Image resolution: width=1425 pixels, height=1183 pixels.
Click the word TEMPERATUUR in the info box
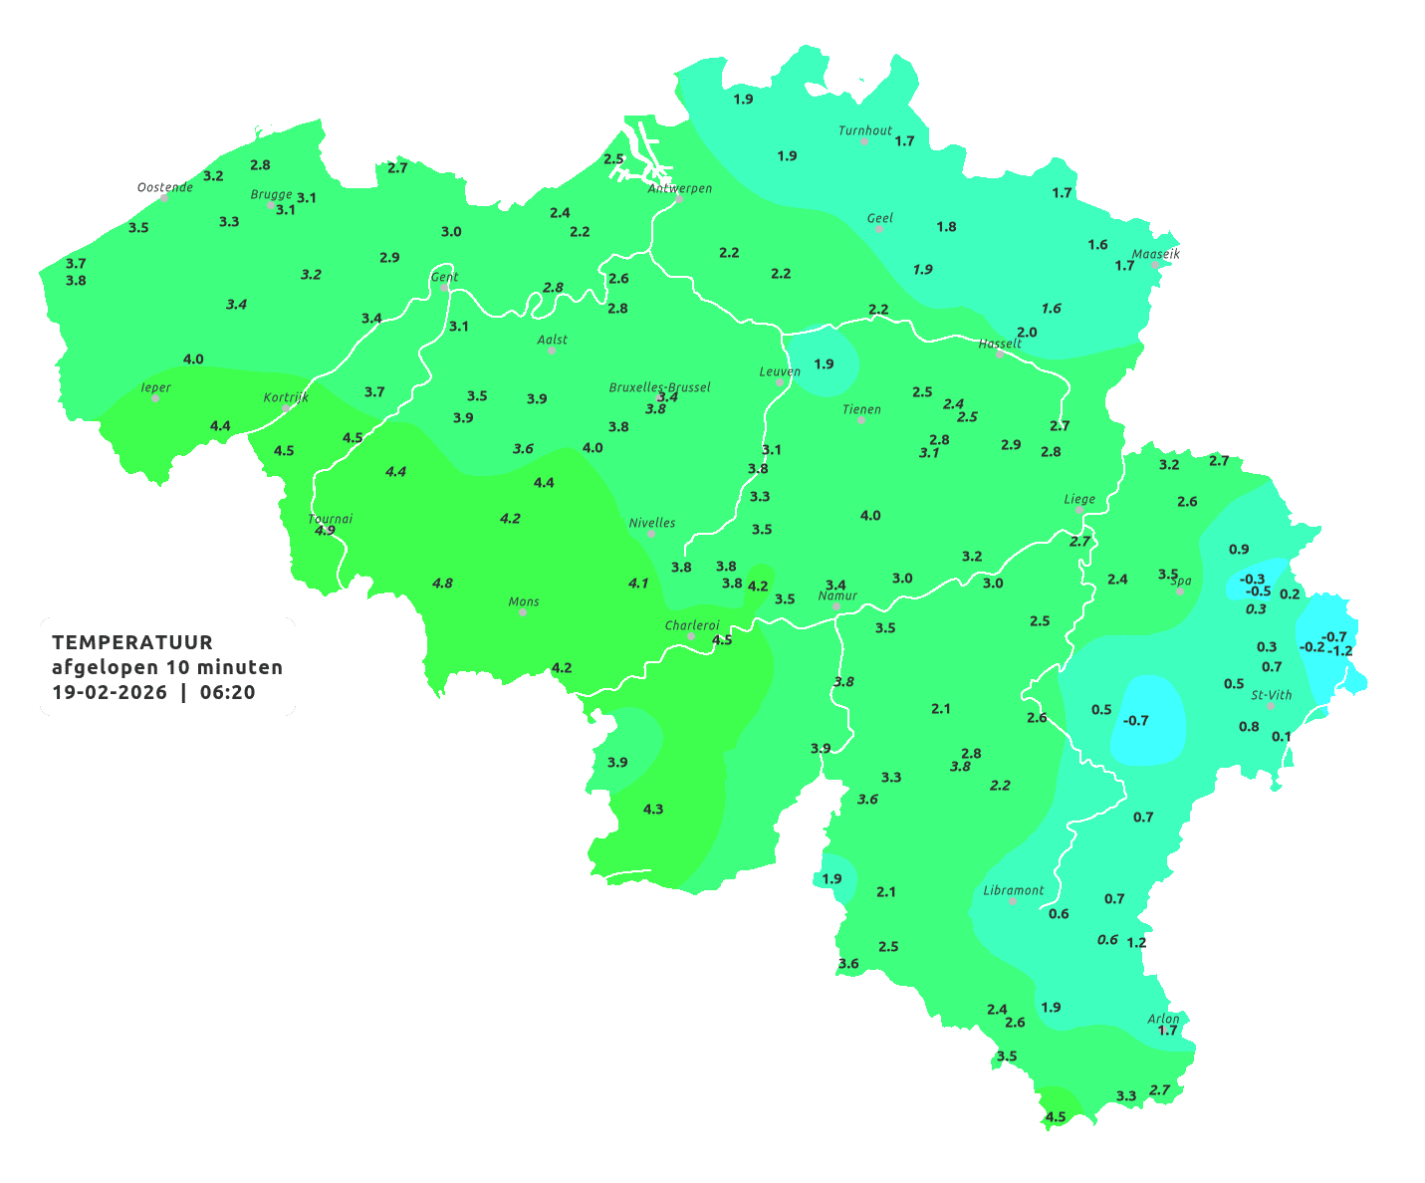click(132, 642)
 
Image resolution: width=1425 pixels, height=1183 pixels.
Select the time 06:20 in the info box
click(227, 692)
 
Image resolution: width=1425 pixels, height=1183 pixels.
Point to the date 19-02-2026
click(110, 692)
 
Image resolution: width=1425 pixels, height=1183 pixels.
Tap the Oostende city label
click(164, 187)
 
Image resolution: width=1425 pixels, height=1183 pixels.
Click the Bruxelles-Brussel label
click(659, 386)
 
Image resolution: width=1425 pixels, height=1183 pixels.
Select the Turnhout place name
click(864, 130)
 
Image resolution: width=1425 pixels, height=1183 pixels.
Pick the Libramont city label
click(1013, 890)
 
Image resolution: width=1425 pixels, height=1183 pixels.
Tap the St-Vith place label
click(1271, 695)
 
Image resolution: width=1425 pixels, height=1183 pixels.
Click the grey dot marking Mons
click(523, 612)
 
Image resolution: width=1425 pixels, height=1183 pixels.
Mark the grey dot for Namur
click(836, 606)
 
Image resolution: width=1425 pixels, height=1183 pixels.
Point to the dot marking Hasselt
click(1000, 355)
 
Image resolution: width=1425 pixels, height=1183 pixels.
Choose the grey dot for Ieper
click(155, 398)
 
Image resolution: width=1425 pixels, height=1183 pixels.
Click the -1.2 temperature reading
click(1340, 651)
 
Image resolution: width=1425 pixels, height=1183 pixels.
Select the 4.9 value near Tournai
click(325, 531)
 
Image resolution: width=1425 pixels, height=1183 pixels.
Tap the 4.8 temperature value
click(442, 583)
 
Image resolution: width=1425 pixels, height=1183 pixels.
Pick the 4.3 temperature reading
click(653, 809)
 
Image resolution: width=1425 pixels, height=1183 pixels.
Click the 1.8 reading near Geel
click(946, 227)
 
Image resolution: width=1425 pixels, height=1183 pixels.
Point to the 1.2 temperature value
click(1136, 942)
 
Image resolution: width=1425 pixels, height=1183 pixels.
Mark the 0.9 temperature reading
click(1238, 549)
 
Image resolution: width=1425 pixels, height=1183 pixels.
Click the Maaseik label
click(1155, 254)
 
